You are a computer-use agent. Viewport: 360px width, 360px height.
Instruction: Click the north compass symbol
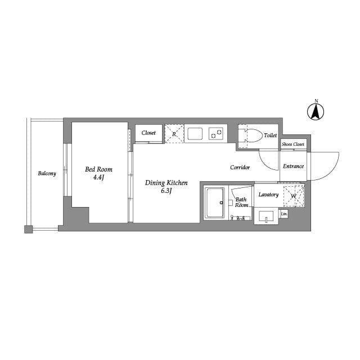tap(316, 111)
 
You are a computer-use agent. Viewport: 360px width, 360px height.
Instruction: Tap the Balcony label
tap(47, 173)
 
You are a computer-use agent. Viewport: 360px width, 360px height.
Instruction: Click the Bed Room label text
tap(98, 169)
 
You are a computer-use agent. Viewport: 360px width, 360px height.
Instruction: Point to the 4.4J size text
tap(99, 177)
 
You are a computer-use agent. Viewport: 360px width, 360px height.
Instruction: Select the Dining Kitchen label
tap(166, 183)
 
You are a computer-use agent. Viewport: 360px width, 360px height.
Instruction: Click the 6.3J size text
tap(166, 191)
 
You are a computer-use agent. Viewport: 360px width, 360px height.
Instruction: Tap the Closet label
tap(148, 133)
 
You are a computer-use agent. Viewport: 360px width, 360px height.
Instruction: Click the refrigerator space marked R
tap(174, 133)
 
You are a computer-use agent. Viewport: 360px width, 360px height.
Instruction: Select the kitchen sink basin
tap(195, 133)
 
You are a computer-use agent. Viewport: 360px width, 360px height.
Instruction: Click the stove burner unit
tap(216, 133)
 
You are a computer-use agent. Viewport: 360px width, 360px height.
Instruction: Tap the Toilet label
tap(270, 136)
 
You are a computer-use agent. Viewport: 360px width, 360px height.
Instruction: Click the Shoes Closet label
tap(293, 145)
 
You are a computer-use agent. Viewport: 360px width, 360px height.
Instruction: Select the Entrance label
tap(293, 166)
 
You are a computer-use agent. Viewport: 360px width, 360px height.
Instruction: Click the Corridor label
tap(240, 168)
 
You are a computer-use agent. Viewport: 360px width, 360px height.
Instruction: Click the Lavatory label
tap(268, 195)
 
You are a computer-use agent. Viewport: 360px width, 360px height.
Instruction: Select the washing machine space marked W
tap(293, 196)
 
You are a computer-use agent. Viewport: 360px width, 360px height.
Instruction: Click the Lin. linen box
tap(284, 214)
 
